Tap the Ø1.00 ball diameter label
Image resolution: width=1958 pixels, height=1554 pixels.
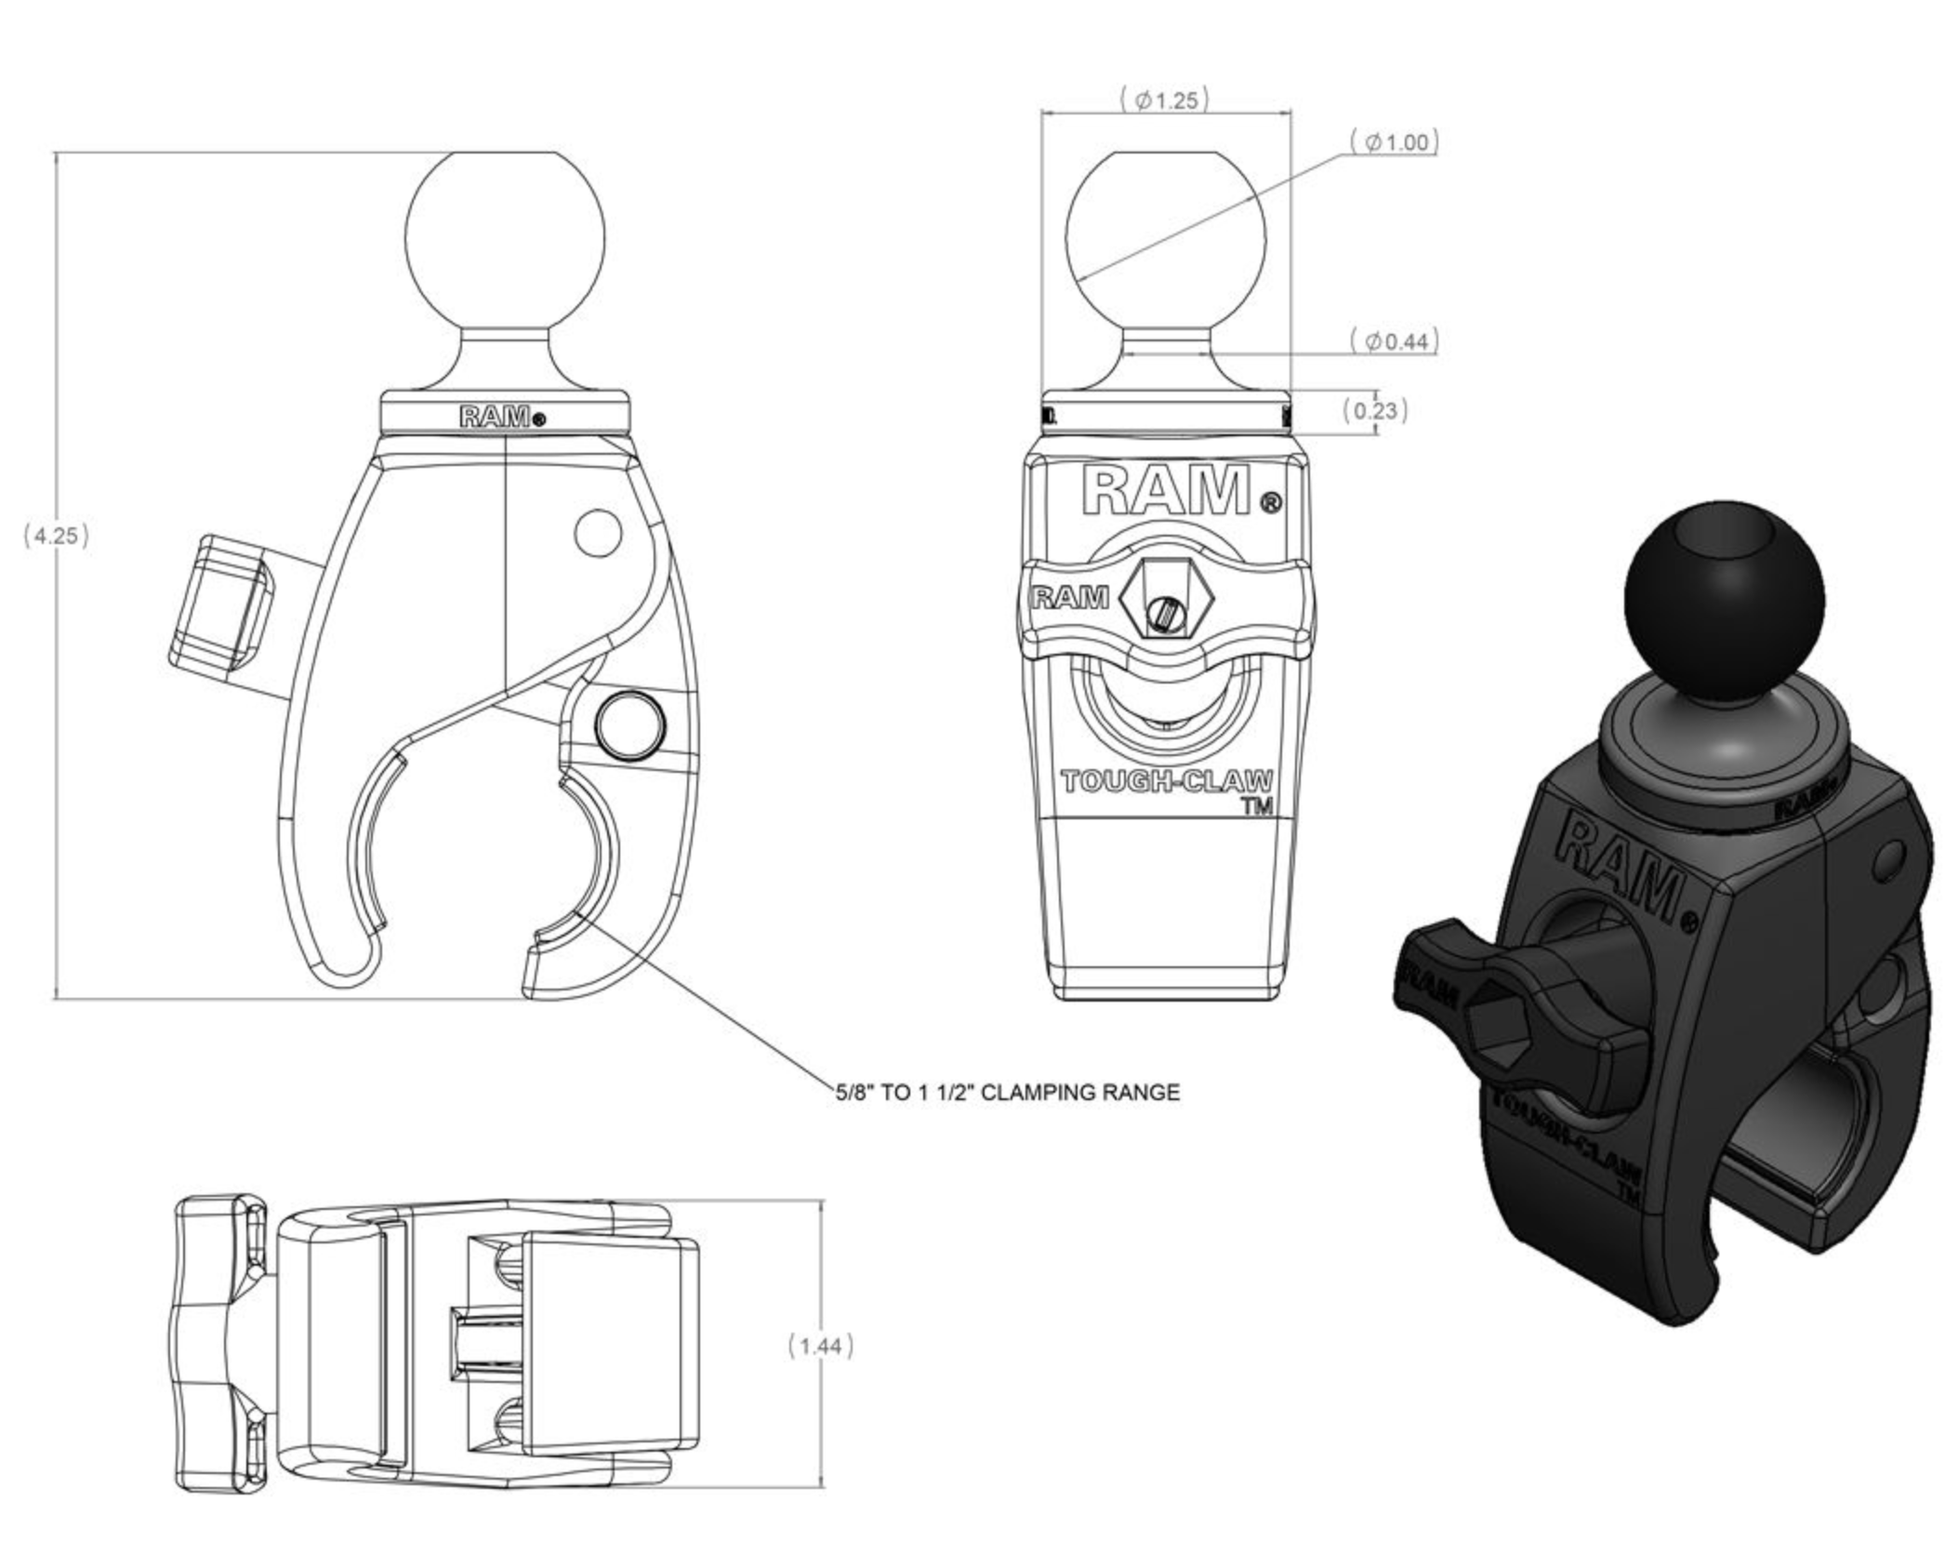(x=1394, y=142)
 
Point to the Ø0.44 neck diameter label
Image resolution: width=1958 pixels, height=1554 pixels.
(x=1394, y=341)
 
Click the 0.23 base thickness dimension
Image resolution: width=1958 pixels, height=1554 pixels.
(x=1375, y=410)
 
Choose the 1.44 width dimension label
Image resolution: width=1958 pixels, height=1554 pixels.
(x=820, y=1346)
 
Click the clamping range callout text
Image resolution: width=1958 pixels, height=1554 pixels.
(x=1007, y=1092)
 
